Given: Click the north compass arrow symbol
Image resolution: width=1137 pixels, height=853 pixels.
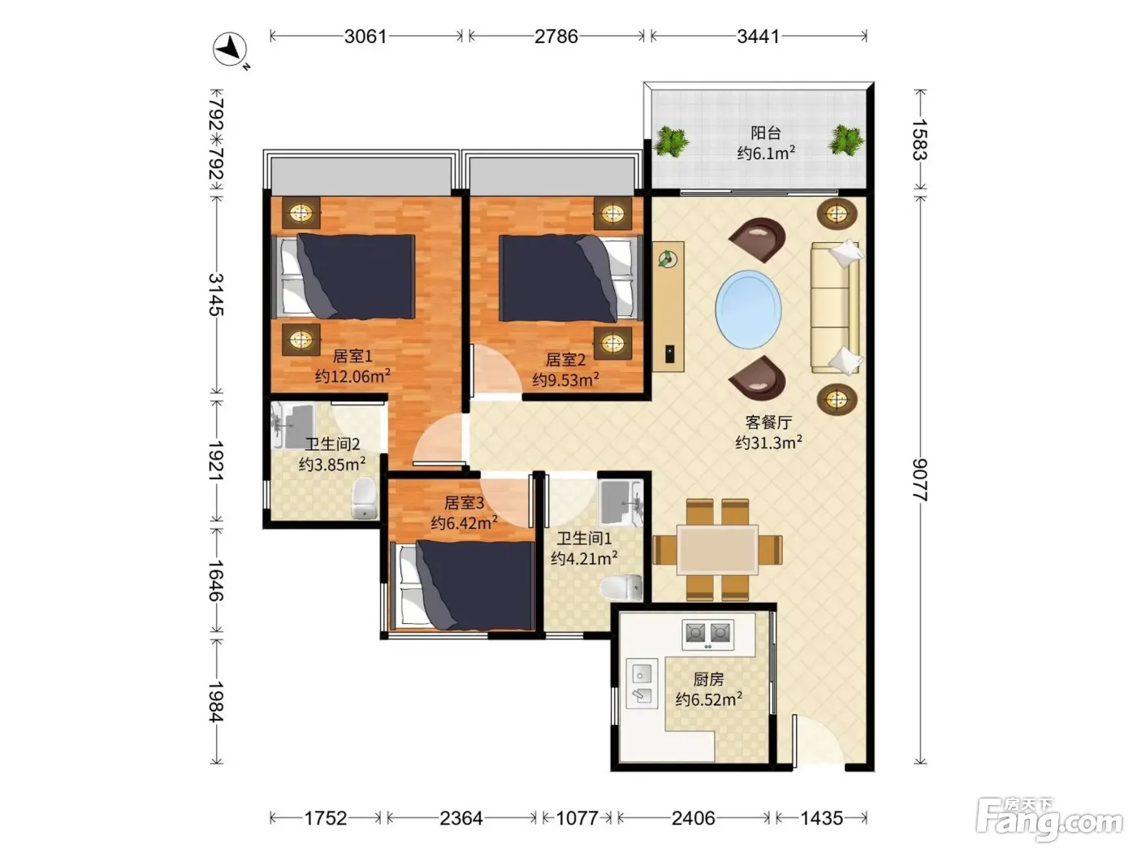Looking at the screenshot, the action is (x=230, y=50).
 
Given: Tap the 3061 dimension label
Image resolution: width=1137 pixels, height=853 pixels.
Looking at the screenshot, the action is (x=365, y=37).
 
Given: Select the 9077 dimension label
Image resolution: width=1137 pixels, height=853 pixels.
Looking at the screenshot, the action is (x=920, y=479).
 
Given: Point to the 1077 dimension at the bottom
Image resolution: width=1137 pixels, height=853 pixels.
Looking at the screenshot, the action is (x=577, y=818).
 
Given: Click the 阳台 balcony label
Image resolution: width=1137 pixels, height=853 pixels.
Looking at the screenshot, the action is (x=766, y=133).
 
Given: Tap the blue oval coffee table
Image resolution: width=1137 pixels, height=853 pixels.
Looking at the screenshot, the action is (x=748, y=310).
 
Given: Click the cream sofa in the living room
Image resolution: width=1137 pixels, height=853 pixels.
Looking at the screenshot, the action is (x=836, y=306).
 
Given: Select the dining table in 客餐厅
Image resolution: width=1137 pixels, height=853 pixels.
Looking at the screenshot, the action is (x=717, y=549).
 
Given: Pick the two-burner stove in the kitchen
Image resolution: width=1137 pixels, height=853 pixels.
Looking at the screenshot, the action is (x=707, y=634).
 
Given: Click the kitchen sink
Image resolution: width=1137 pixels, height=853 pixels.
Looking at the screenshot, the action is (x=642, y=683).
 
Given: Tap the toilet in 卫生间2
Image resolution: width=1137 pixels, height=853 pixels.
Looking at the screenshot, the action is (x=364, y=497).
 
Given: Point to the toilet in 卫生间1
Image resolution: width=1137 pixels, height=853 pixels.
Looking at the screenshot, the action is (x=621, y=587).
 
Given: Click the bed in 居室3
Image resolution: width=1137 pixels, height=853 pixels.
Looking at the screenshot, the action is (x=464, y=585).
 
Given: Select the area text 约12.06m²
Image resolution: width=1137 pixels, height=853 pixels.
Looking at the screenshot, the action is (x=352, y=376).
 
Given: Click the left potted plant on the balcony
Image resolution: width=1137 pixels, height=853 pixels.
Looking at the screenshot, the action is (x=671, y=141).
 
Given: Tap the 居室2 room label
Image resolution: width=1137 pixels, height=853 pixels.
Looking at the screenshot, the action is (x=565, y=359).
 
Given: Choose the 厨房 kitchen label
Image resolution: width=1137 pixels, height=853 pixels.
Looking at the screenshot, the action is (x=708, y=679).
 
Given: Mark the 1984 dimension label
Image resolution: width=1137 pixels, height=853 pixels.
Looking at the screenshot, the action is (x=216, y=701).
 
